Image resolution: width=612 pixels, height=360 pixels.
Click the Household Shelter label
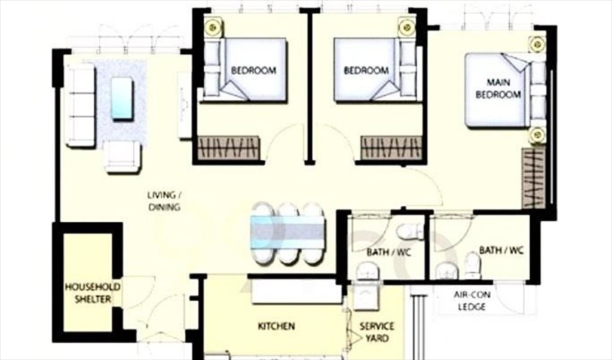[93, 293]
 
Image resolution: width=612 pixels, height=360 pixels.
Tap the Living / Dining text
[164, 201]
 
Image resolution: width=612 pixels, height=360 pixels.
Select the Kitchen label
[276, 326]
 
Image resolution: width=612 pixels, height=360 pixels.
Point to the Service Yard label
[377, 332]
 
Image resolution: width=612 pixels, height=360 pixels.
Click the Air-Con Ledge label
[472, 301]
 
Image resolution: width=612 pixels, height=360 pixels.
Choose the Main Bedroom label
[498, 89]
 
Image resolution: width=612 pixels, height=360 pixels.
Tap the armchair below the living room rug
[123, 156]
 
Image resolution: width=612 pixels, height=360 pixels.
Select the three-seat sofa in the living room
[81, 105]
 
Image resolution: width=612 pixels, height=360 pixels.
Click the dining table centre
[287, 233]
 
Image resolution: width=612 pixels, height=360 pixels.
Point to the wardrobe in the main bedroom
[533, 178]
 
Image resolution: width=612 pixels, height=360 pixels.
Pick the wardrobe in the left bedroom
[228, 148]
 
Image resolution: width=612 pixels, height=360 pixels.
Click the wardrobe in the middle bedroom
[391, 148]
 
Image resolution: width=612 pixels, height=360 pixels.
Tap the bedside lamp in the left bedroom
[213, 27]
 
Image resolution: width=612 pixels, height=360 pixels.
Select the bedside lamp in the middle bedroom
[407, 28]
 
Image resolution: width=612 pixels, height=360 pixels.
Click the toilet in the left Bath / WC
[409, 231]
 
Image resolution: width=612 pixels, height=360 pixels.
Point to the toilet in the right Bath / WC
[473, 266]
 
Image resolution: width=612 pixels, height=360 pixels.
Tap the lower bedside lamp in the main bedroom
[537, 135]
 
